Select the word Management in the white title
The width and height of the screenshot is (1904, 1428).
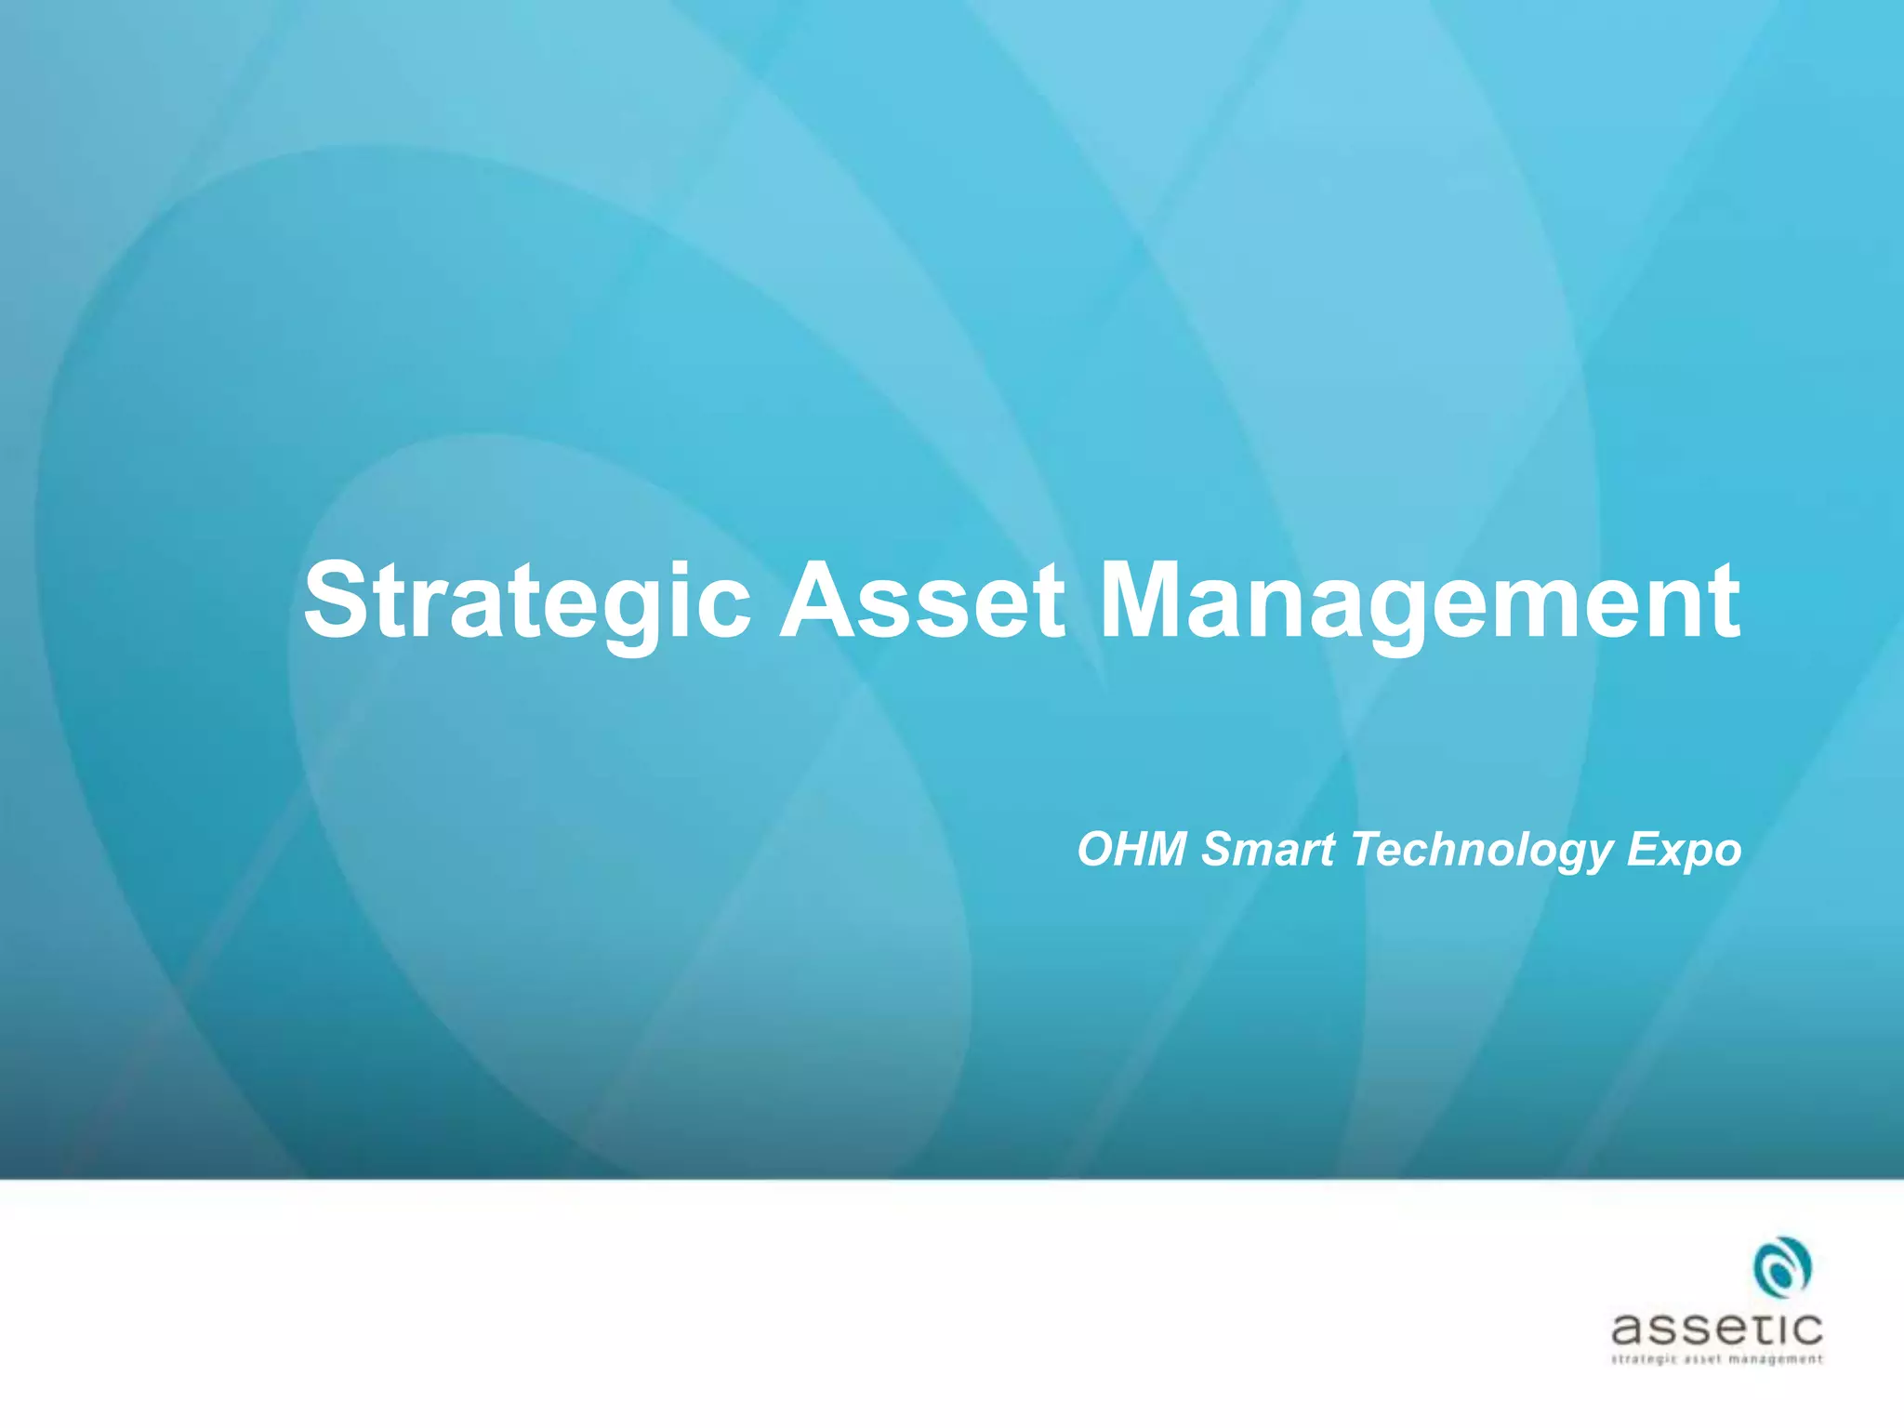click(x=1419, y=602)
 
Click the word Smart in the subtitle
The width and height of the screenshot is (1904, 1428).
click(x=1268, y=850)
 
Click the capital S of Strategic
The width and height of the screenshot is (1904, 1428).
click(x=337, y=601)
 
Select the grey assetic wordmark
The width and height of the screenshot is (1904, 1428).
click(x=1716, y=1329)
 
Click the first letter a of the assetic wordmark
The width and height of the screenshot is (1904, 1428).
click(x=1630, y=1330)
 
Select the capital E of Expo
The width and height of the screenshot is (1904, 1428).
click(x=1641, y=848)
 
